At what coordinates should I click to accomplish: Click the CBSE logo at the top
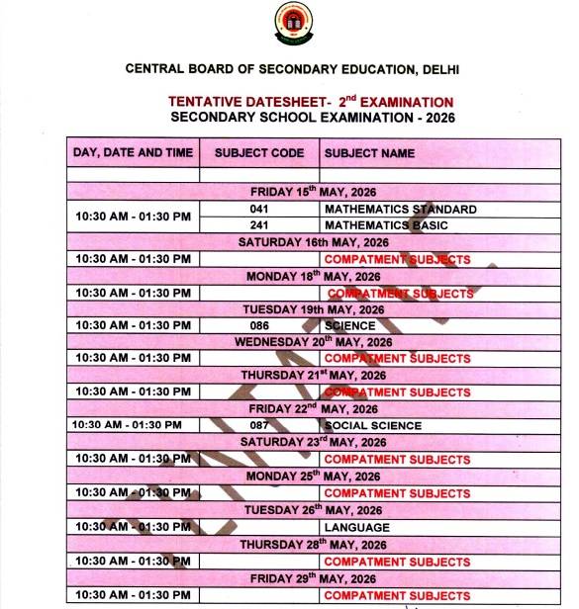[x=292, y=23]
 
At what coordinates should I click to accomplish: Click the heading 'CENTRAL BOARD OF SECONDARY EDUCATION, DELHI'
[x=293, y=69]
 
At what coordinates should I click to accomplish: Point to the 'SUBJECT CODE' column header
[x=259, y=153]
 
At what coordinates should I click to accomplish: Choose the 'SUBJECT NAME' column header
[x=369, y=153]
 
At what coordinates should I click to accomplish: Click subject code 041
[x=259, y=210]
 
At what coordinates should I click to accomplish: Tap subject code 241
[x=259, y=225]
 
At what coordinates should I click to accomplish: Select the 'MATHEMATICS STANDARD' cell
[x=400, y=210]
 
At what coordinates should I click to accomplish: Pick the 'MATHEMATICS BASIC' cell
[x=386, y=225]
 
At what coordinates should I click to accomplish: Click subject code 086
[x=259, y=325]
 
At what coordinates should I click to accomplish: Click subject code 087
[x=259, y=426]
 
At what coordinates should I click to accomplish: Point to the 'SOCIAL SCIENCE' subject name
[x=372, y=426]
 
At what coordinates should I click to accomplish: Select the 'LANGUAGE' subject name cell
[x=356, y=527]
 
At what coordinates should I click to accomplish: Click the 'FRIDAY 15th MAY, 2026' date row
[x=313, y=192]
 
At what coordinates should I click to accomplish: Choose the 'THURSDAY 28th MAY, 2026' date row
[x=313, y=544]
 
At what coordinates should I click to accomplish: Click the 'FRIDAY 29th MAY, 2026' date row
[x=313, y=577]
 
